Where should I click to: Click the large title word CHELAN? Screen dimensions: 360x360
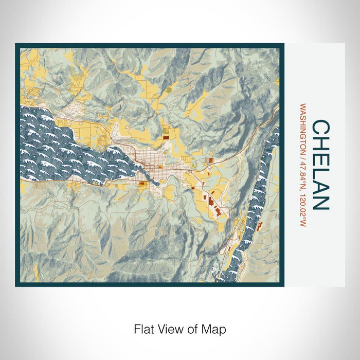click(x=320, y=165)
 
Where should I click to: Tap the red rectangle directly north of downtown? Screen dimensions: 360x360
click(x=166, y=137)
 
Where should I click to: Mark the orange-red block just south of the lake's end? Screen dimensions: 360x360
click(x=141, y=182)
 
